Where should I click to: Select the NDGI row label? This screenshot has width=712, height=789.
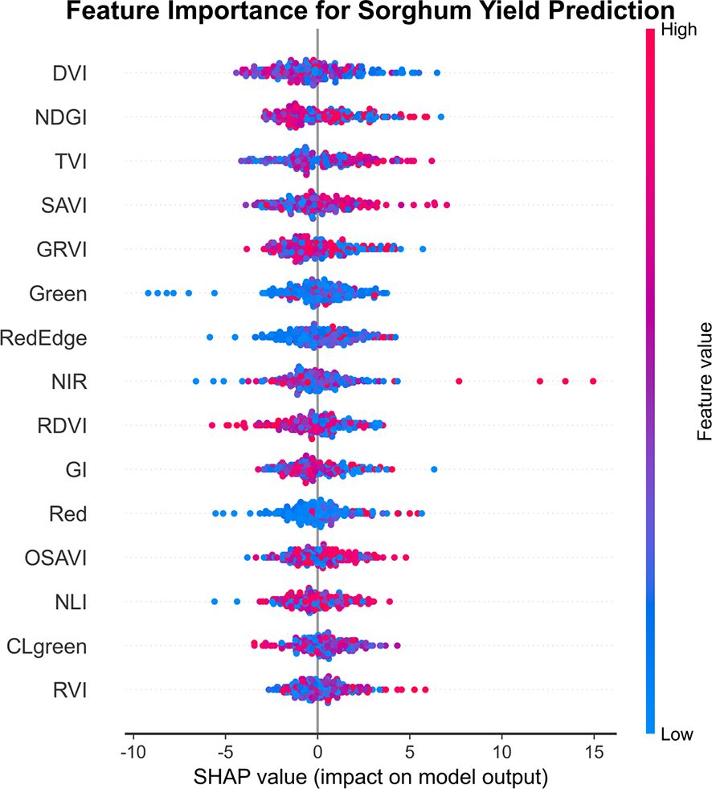click(x=60, y=118)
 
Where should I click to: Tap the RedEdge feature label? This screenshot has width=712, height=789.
click(x=43, y=337)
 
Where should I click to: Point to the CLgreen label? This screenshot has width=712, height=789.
click(x=46, y=645)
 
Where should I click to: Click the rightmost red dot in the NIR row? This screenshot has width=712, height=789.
click(x=593, y=381)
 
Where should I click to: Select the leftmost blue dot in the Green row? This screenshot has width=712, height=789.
click(x=149, y=293)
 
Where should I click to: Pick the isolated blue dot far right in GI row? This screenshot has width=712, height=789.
click(x=434, y=469)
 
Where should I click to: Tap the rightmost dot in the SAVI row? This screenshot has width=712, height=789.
click(x=446, y=206)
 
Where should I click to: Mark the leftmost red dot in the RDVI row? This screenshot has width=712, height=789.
click(x=212, y=425)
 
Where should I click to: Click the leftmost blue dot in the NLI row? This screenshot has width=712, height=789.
click(x=215, y=601)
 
